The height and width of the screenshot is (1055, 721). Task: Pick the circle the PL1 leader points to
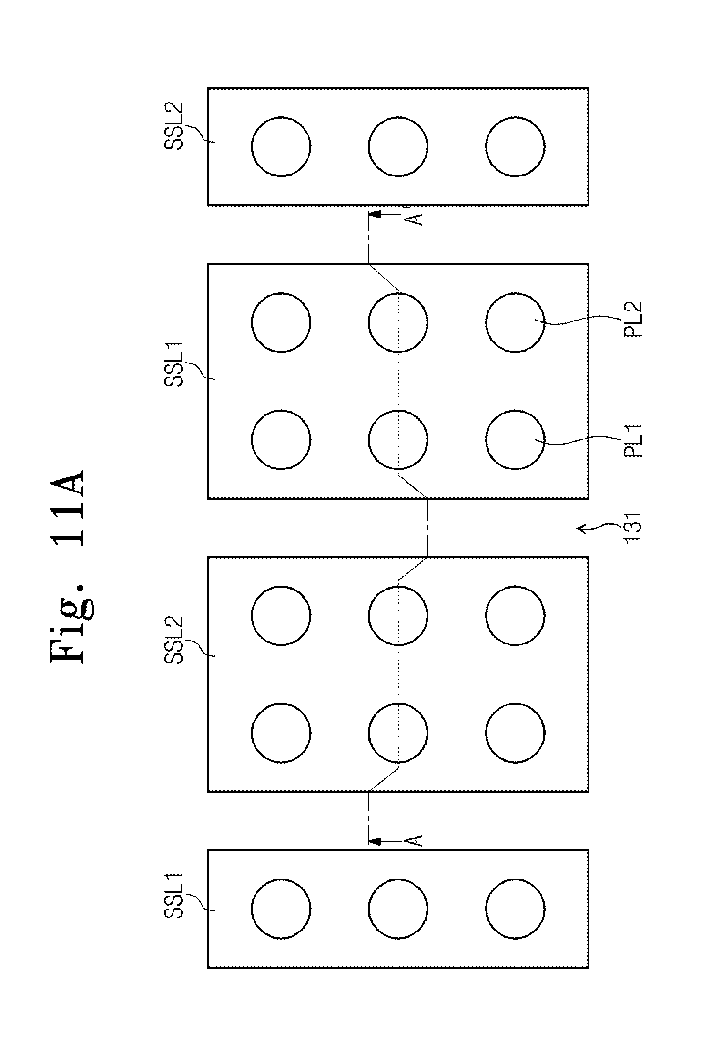(515, 440)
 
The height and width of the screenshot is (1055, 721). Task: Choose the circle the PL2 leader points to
(515, 322)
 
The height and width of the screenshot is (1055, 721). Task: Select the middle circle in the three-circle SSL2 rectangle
(398, 146)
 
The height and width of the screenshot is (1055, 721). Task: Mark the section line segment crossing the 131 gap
(428, 527)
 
